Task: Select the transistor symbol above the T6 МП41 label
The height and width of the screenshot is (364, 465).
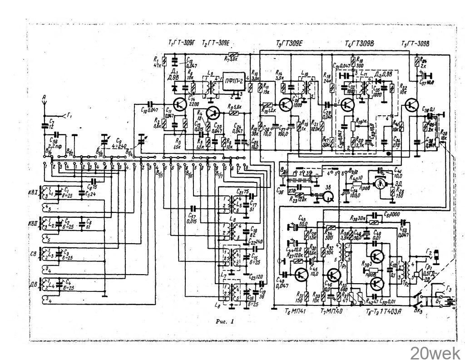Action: tap(301, 274)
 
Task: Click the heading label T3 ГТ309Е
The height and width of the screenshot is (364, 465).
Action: tap(289, 43)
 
